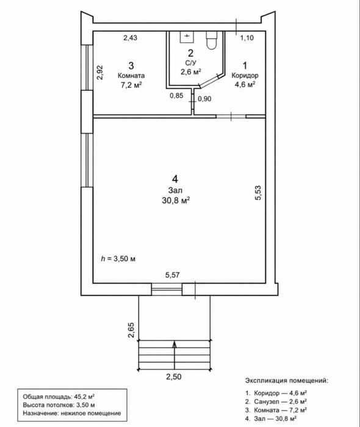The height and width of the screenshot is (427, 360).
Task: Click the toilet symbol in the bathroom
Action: pyautogui.click(x=212, y=40)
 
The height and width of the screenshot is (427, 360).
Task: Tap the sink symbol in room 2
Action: pyautogui.click(x=187, y=37)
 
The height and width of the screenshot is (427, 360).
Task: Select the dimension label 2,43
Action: pyautogui.click(x=130, y=38)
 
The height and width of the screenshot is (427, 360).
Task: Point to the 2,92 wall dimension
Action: pyautogui.click(x=100, y=72)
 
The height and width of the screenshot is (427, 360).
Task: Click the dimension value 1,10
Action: pyautogui.click(x=247, y=38)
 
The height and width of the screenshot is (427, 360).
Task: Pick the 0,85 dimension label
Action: pyautogui.click(x=176, y=96)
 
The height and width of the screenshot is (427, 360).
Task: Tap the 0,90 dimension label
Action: pyautogui.click(x=204, y=99)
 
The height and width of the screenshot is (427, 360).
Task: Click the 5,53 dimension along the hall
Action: pyautogui.click(x=258, y=193)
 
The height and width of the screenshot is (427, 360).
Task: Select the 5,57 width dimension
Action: pyautogui.click(x=173, y=275)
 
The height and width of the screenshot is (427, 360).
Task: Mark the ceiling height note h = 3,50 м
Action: pyautogui.click(x=118, y=259)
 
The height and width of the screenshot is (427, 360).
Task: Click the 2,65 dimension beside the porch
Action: pyautogui.click(x=131, y=330)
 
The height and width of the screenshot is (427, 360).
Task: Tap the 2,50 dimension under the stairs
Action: pyautogui.click(x=174, y=377)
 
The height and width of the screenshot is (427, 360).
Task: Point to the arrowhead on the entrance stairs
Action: pyautogui.click(x=175, y=345)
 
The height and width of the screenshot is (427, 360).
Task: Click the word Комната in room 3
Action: pyautogui.click(x=131, y=76)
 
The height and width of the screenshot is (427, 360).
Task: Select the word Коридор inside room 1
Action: pyautogui.click(x=245, y=75)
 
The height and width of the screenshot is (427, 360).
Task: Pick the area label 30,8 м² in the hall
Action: pyautogui.click(x=176, y=201)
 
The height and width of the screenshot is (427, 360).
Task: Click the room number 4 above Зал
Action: pyautogui.click(x=175, y=179)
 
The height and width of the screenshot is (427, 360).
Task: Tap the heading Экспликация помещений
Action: pyautogui.click(x=287, y=381)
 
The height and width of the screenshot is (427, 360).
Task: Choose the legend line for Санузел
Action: pyautogui.click(x=276, y=401)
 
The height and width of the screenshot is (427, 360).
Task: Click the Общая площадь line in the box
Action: pyautogui.click(x=59, y=396)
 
